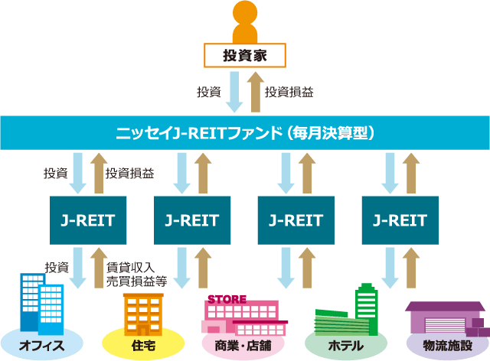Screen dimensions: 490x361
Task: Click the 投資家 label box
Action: click(245, 55)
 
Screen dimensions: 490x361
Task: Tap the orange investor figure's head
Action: click(245, 13)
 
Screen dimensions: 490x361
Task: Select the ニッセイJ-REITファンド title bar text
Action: click(245, 133)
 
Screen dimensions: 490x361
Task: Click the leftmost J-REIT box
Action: click(88, 220)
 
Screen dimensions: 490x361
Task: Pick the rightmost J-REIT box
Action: click(400, 220)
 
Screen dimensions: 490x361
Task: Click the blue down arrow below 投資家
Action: click(234, 92)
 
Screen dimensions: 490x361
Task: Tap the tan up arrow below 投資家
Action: click(256, 92)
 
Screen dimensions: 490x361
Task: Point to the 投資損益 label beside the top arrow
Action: click(289, 92)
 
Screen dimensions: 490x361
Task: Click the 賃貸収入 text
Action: click(131, 268)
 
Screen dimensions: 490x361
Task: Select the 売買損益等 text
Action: click(136, 281)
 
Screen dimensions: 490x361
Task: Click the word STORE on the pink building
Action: click(227, 299)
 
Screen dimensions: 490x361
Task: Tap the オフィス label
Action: click(42, 346)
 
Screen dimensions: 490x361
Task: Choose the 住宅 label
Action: click(143, 346)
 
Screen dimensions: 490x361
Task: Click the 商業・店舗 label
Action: click(243, 346)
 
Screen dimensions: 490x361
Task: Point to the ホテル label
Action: click(346, 346)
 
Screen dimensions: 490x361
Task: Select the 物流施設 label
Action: click(447, 346)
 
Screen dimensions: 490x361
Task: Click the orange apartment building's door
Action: click(143, 330)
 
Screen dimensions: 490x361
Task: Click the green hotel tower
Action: click(367, 309)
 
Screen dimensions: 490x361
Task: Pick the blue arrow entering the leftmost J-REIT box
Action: click(78, 174)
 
